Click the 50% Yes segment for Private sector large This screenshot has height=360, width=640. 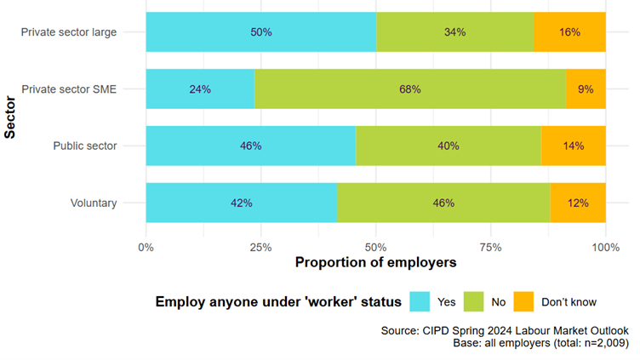(x=260, y=32)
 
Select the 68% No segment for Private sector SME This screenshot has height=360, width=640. (x=410, y=89)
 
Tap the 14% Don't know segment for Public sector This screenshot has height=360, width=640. (x=573, y=146)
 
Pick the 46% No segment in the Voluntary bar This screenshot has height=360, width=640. (x=443, y=203)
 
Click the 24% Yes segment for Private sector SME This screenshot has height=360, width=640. (x=200, y=89)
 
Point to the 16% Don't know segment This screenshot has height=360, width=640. (x=569, y=32)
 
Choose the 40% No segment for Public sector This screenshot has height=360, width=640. (x=448, y=146)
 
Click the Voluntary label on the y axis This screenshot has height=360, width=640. (x=95, y=203)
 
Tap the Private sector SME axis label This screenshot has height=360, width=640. (x=69, y=89)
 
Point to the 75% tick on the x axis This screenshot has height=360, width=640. (x=490, y=247)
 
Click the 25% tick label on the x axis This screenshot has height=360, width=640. (x=260, y=247)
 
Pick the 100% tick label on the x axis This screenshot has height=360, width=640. (x=605, y=247)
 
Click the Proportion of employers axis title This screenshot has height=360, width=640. (x=375, y=263)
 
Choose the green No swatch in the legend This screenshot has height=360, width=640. (x=472, y=301)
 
